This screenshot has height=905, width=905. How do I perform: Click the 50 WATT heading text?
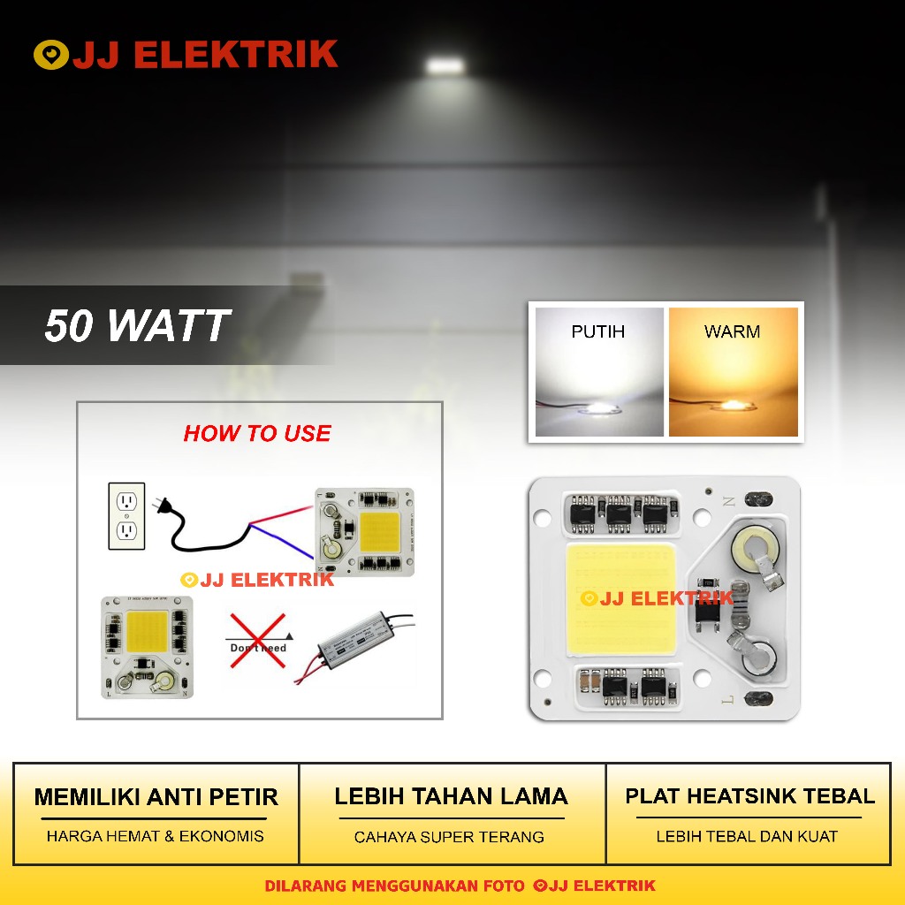(x=137, y=325)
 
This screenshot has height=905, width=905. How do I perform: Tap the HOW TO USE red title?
(x=257, y=433)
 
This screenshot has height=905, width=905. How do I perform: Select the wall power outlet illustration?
(x=126, y=515)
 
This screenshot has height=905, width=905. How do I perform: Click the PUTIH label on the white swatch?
(x=597, y=331)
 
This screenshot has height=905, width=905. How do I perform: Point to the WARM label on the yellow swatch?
(x=732, y=331)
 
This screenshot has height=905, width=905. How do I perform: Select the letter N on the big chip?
(x=729, y=501)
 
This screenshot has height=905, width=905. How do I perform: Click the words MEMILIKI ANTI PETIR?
(x=156, y=797)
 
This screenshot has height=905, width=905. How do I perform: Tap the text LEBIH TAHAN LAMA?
(x=451, y=796)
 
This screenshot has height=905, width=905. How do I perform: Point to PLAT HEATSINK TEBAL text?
(x=749, y=796)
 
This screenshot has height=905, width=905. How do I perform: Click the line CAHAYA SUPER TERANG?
(x=449, y=837)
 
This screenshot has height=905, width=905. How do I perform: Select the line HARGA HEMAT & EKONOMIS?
(x=156, y=836)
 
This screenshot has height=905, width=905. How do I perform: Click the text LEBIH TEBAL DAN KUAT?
(x=747, y=836)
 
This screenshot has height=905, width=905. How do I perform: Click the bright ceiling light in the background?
(x=446, y=65)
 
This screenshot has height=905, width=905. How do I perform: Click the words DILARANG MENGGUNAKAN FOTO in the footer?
(x=395, y=886)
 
